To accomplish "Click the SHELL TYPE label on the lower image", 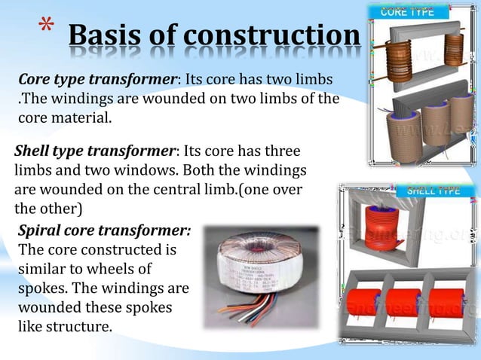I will [434, 191].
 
